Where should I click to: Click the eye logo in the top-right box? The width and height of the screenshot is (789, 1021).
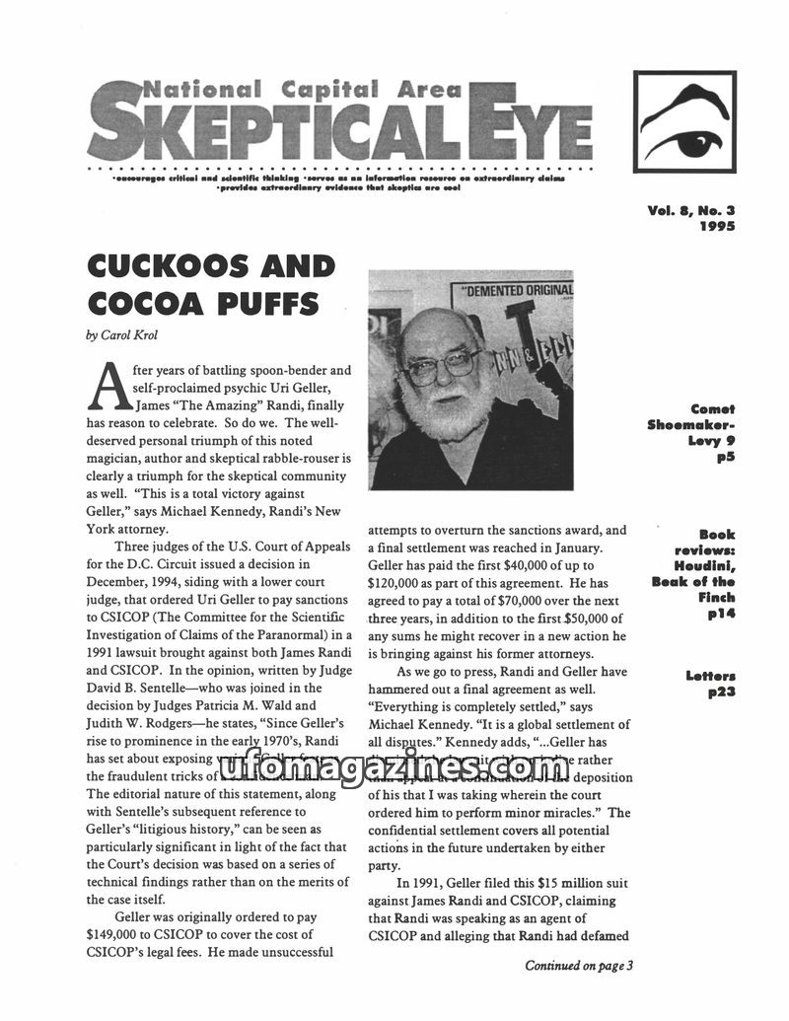tap(683, 123)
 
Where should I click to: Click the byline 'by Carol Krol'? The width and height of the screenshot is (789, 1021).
tap(121, 335)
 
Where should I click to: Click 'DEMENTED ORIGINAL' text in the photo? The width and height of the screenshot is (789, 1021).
tap(519, 291)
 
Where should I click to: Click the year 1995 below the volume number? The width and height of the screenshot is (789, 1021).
tap(717, 225)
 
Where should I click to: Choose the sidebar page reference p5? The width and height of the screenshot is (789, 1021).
tap(726, 458)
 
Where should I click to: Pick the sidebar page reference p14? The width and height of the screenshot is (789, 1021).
tap(721, 614)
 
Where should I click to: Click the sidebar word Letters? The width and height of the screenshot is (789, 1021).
tap(710, 676)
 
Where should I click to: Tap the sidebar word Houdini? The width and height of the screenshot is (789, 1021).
tap(706, 566)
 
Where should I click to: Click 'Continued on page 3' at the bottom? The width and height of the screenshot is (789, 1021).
tap(578, 966)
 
